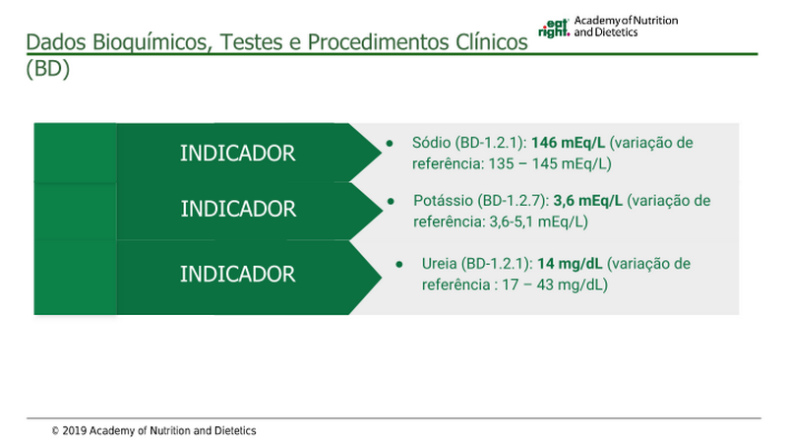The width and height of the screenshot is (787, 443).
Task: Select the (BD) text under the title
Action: (47, 69)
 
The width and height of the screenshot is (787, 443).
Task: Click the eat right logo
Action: (554, 29)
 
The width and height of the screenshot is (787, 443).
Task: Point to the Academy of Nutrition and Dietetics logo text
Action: (626, 27)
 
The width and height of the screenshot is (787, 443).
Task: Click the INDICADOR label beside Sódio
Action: (237, 154)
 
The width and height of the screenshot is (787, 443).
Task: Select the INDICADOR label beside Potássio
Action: (238, 209)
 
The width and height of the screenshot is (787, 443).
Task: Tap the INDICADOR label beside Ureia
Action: (237, 275)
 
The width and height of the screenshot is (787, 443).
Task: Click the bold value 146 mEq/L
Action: (569, 143)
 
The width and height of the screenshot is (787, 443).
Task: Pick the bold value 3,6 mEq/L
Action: (587, 201)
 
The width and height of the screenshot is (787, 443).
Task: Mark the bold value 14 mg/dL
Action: (570, 264)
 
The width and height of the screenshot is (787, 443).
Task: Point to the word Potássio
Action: (444, 201)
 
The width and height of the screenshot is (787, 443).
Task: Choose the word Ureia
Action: (439, 264)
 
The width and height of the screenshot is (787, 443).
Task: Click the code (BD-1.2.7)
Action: (511, 201)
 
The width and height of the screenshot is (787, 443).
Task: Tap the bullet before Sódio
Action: (390, 144)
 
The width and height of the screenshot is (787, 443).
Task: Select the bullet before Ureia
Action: (399, 264)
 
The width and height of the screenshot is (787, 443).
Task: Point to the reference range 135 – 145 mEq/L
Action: (548, 163)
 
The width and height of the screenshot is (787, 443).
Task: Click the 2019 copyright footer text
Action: (154, 430)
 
